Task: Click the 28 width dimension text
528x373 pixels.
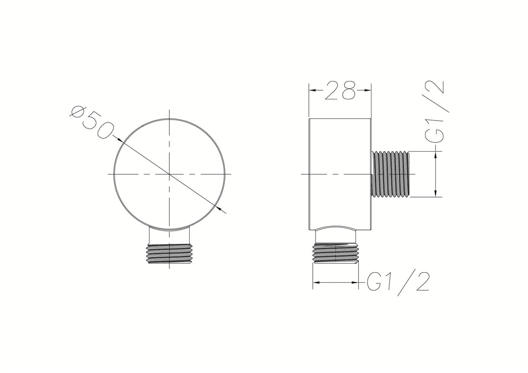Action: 340,90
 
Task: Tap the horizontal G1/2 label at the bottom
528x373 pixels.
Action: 398,284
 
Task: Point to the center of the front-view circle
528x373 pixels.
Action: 169,174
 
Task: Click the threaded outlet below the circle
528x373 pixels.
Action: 169,254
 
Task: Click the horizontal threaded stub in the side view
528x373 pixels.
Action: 391,174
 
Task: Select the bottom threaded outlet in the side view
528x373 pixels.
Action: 335,253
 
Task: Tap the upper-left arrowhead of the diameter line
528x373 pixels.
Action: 120,140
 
